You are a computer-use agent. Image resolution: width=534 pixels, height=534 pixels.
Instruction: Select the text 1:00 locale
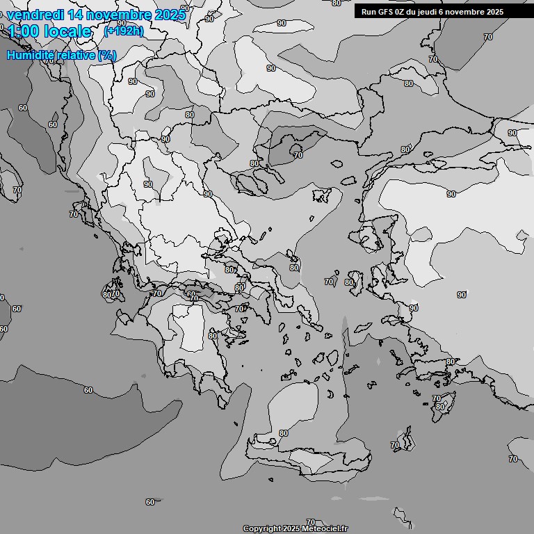pos(49,31)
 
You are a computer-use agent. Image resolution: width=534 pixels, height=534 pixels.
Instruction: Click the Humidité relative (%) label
pos(62,55)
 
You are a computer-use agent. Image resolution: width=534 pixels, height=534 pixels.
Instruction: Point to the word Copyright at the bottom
pos(261,528)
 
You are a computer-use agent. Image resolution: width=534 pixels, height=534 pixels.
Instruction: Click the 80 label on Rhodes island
pos(439,407)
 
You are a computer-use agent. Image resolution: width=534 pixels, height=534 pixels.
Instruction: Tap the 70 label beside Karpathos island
pos(396,445)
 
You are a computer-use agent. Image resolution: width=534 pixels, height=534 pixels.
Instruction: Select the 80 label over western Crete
pos(283,433)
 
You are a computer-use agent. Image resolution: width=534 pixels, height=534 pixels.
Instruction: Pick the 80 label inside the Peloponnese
pos(213,336)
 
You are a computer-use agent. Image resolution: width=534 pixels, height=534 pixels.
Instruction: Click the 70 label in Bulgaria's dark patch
pos(298,155)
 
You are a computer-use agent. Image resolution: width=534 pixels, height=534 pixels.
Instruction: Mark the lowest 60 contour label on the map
pos(150,502)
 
